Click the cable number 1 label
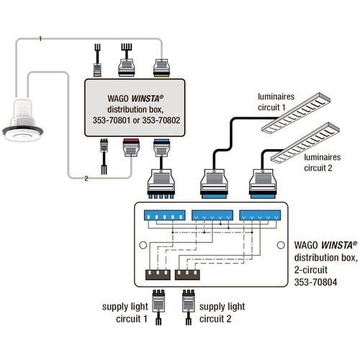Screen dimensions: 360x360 [40, 38]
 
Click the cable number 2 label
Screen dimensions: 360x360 [86, 179]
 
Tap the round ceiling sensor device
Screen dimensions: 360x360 [23, 120]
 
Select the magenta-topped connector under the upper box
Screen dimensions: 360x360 [131, 148]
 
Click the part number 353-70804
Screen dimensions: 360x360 [315, 282]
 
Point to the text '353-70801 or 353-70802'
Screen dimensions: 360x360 [136, 120]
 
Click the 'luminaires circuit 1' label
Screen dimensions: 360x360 [276, 102]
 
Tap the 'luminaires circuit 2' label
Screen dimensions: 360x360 [323, 163]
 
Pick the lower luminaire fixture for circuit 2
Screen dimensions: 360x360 [305, 143]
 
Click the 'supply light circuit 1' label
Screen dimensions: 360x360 [125, 312]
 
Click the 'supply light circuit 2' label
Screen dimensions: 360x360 [222, 312]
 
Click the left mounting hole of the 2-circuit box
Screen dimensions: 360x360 [143, 245]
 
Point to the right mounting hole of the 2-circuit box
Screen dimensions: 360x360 [281, 245]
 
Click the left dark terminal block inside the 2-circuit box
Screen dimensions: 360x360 [158, 275]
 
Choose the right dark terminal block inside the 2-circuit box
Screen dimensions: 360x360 [187, 275]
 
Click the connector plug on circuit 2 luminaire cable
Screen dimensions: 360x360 [262, 184]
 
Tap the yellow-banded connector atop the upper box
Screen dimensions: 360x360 [162, 68]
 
